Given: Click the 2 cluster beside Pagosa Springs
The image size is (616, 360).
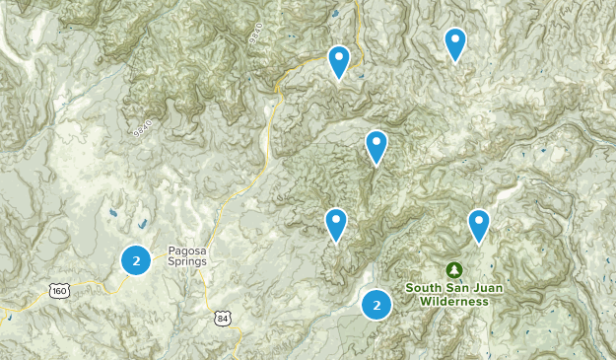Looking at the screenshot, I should pyautogui.click(x=136, y=260).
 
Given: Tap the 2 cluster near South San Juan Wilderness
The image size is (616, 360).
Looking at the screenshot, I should pyautogui.click(x=376, y=305).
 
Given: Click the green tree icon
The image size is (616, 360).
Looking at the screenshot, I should pyautogui.click(x=453, y=269).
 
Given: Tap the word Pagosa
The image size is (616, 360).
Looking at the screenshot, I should pyautogui.click(x=186, y=250).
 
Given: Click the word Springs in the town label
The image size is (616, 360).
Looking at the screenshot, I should pyautogui.click(x=186, y=262).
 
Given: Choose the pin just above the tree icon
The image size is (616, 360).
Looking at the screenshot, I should pyautogui.click(x=479, y=225).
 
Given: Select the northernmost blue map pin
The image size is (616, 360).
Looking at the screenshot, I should pyautogui.click(x=454, y=43).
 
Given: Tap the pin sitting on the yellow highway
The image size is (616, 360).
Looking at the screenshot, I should pyautogui.click(x=338, y=61).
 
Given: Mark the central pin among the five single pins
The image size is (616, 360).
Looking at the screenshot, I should pyautogui.click(x=376, y=146).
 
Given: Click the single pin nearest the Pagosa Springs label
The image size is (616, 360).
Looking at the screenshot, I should pyautogui.click(x=336, y=224).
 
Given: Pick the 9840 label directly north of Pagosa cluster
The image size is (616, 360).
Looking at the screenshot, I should pyautogui.click(x=143, y=126).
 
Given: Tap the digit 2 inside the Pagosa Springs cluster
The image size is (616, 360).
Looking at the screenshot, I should pyautogui.click(x=136, y=260).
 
